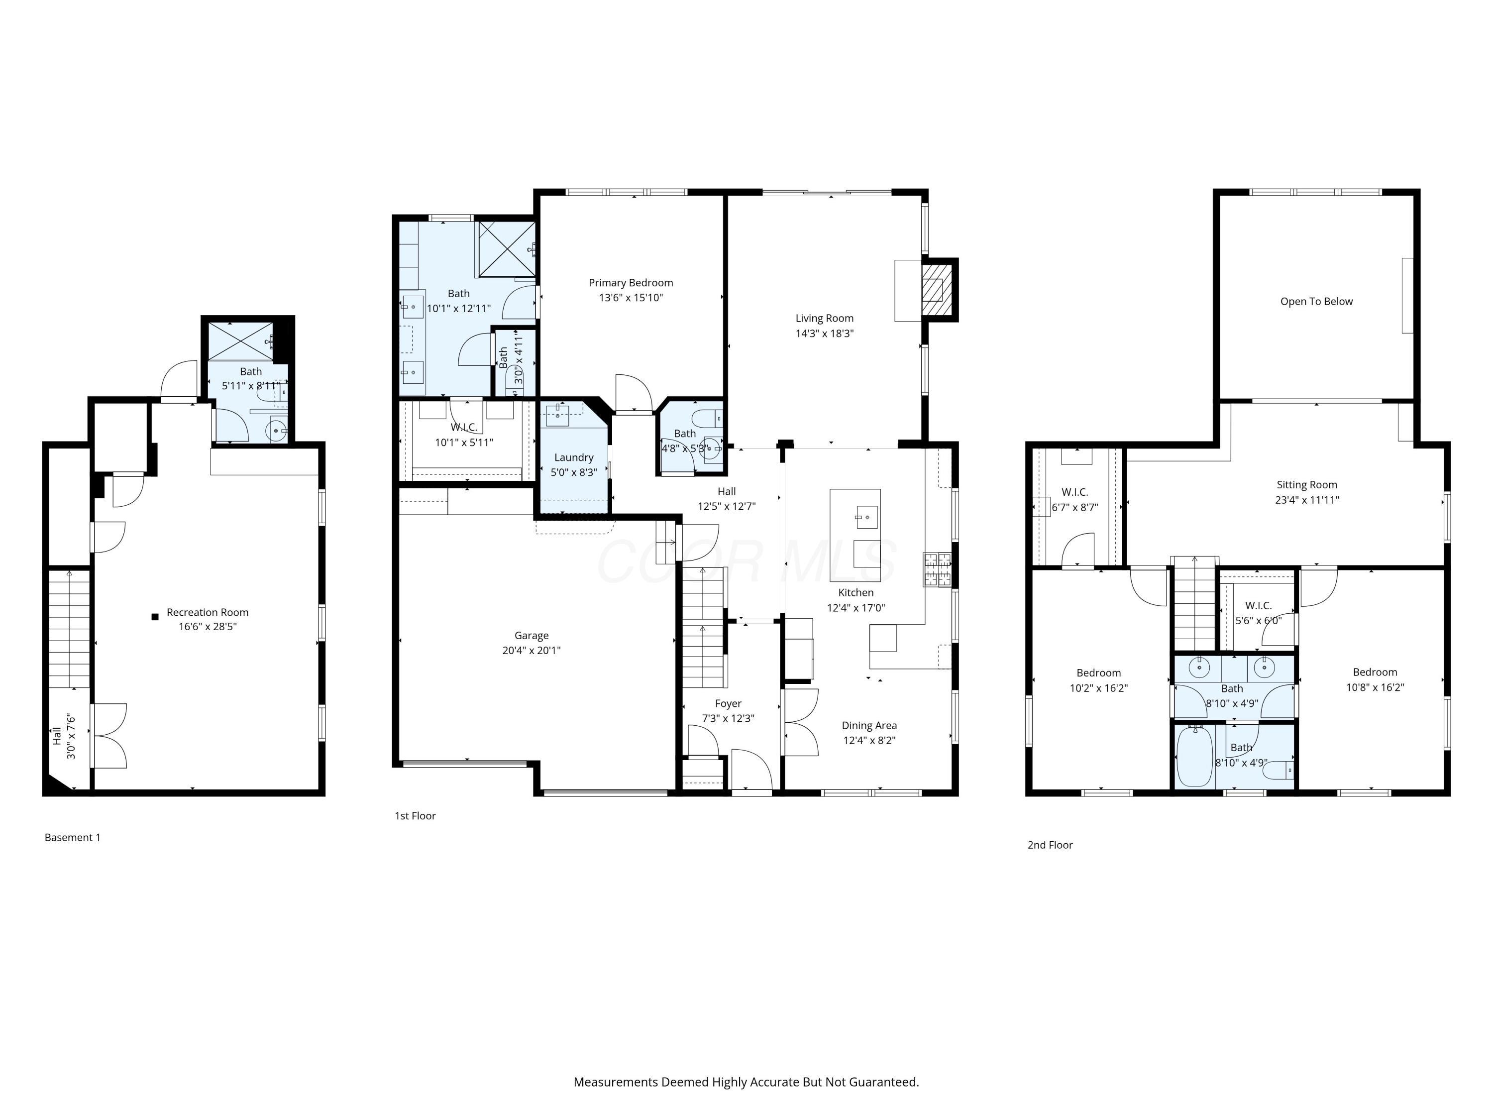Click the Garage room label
[x=531, y=635]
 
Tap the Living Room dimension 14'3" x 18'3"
[x=824, y=334]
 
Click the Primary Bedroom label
[x=631, y=283]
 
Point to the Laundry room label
[x=574, y=458]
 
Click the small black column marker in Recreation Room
[x=155, y=616]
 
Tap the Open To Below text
[x=1316, y=302]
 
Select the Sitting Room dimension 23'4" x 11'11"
[x=1307, y=500]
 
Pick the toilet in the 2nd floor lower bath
[x=1279, y=770]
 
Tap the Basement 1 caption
[x=72, y=838]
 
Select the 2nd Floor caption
[x=1050, y=845]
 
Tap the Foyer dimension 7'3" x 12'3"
[x=728, y=718]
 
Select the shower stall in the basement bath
[x=240, y=341]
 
